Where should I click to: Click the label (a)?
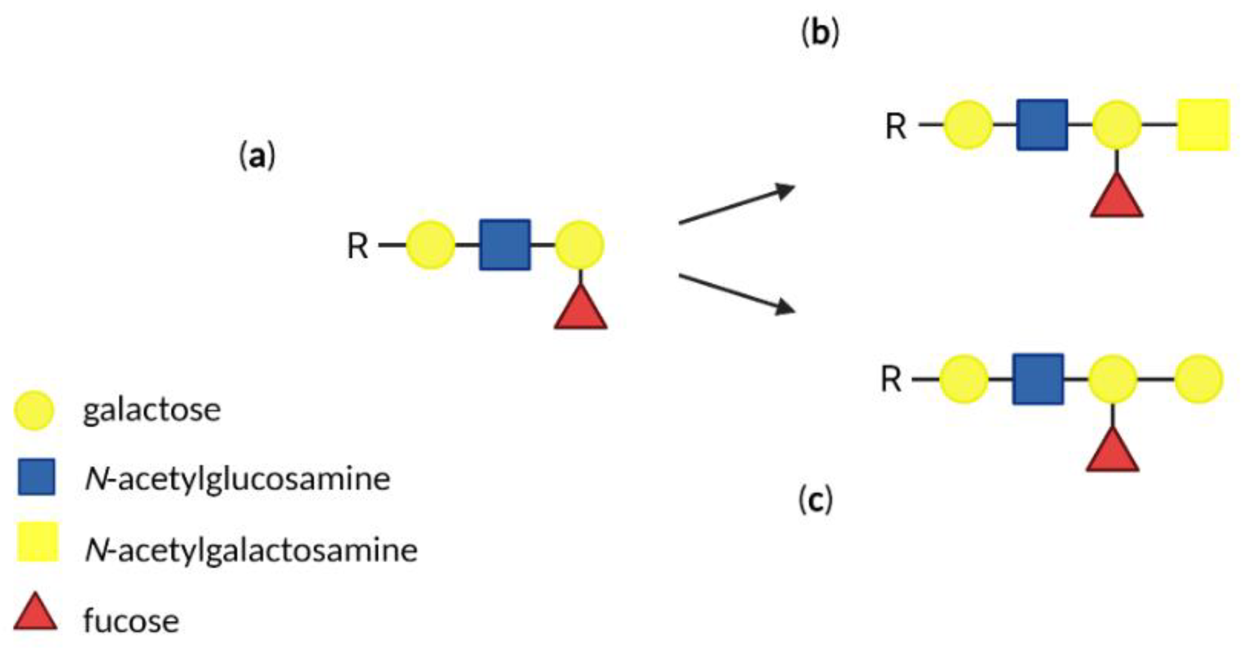click(257, 156)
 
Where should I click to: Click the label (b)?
click(820, 33)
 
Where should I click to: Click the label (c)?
click(815, 499)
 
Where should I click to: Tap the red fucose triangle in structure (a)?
click(581, 311)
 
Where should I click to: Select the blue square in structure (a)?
click(504, 245)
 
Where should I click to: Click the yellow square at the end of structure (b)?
click(1203, 125)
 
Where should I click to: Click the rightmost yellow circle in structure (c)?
click(1199, 379)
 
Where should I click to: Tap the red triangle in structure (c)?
click(1112, 453)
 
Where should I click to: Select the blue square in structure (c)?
click(1038, 379)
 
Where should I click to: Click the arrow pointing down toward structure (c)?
click(736, 294)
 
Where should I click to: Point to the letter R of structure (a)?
click(358, 246)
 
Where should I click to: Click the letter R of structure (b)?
click(895, 126)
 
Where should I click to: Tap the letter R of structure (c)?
click(891, 379)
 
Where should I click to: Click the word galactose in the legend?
click(152, 410)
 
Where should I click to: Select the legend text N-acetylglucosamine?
click(237, 479)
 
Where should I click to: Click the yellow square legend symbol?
click(37, 542)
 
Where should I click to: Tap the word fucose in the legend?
click(131, 621)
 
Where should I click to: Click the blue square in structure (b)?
click(1042, 125)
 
